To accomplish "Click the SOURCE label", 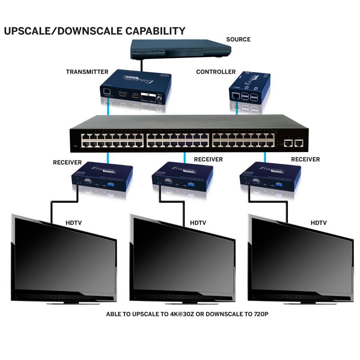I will pos(238,40).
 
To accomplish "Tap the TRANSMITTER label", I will pos(87,72).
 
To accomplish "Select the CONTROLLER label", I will pos(216,72).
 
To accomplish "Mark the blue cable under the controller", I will pos(237,108).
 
